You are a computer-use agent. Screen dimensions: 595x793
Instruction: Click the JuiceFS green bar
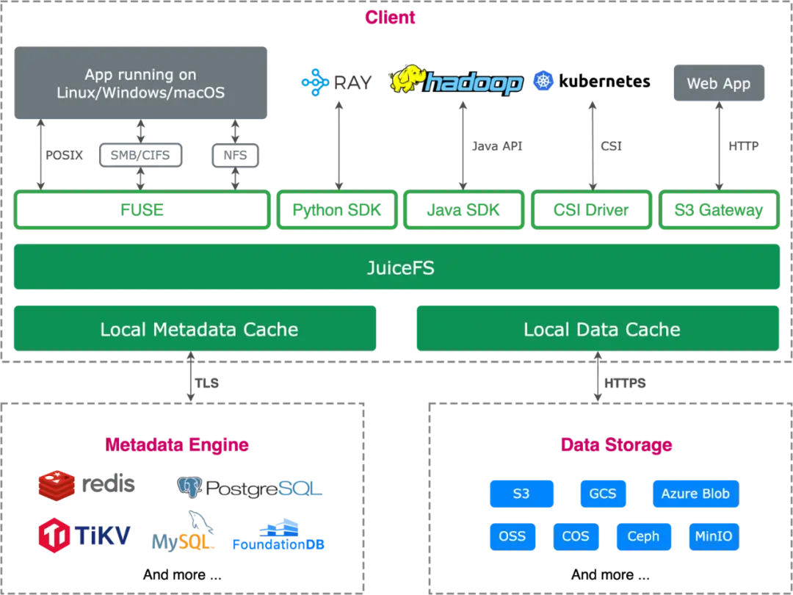coord(396,268)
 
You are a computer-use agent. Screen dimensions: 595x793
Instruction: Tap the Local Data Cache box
coord(598,329)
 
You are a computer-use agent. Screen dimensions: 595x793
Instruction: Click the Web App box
coord(718,84)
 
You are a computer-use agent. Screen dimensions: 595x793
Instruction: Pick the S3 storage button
coord(521,494)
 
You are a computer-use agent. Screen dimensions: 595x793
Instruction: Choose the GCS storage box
coord(602,494)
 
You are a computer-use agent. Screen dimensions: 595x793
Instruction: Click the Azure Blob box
coord(695,494)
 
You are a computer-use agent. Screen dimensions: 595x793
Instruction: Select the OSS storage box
coord(512,536)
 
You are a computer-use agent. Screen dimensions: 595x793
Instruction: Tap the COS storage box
coord(576,536)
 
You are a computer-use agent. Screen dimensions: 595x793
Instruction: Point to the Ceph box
coord(643,536)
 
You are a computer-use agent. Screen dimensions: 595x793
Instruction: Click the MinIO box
coord(713,536)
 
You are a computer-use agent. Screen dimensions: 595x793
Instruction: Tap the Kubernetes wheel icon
coord(544,80)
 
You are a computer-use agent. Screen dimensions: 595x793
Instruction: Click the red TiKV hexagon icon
coord(54,535)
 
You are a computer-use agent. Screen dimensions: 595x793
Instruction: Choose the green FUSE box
coord(141,211)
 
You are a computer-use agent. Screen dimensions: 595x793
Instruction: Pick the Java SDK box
coord(464,211)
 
